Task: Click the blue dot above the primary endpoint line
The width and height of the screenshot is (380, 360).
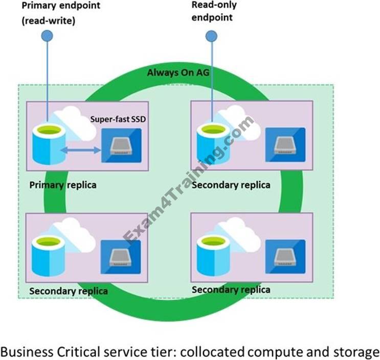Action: [x=48, y=35]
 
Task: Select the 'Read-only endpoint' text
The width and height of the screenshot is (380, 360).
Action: [x=212, y=11]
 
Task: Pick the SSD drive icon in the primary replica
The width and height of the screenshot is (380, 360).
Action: [x=121, y=146]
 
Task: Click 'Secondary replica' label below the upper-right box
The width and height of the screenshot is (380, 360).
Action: [x=230, y=185]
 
